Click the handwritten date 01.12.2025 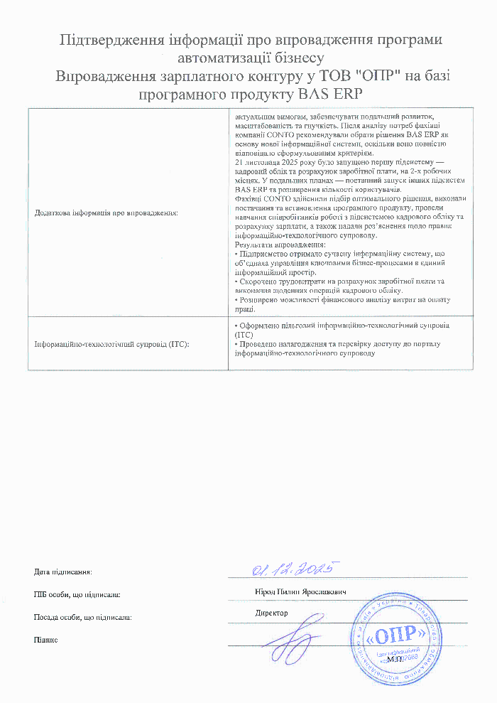tap(293, 569)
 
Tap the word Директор tap(272, 613)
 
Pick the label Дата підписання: tap(63, 572)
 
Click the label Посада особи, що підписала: tap(82, 618)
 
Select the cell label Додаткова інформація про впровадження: tap(106, 213)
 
